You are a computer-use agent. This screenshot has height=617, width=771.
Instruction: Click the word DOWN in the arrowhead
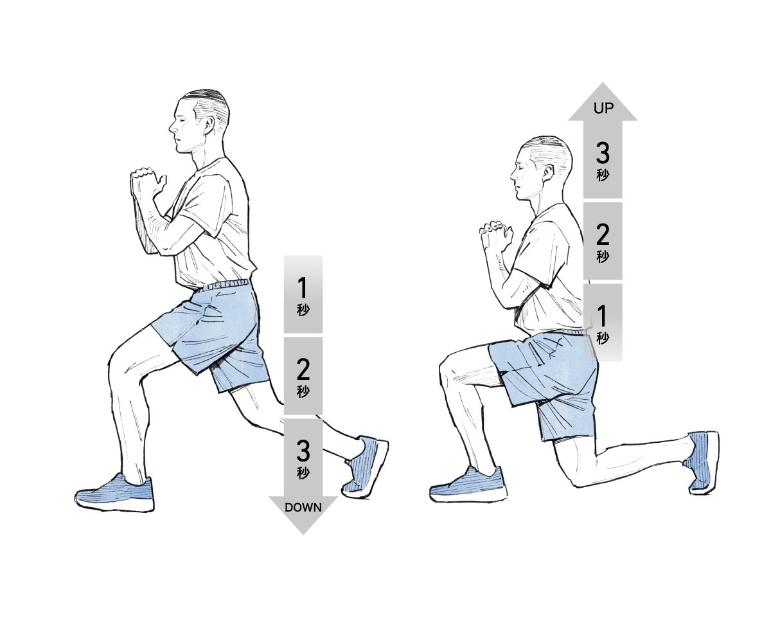303,508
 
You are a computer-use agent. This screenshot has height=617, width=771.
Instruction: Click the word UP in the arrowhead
603,108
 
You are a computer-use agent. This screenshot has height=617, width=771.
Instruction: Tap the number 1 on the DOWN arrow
303,288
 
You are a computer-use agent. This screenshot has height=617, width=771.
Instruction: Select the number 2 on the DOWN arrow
303,370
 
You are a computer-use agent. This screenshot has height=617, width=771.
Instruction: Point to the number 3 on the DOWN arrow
303,451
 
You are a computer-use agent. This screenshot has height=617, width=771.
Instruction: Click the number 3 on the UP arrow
603,153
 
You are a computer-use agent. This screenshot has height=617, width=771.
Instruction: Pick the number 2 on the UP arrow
603,235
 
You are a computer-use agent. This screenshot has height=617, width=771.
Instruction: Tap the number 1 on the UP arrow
603,316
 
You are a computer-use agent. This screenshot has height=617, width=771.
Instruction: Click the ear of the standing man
209,126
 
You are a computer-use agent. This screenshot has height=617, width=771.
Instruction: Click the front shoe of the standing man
114,493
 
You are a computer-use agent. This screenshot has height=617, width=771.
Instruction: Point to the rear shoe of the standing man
365,467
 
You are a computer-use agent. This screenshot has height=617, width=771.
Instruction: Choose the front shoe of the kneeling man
468,485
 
